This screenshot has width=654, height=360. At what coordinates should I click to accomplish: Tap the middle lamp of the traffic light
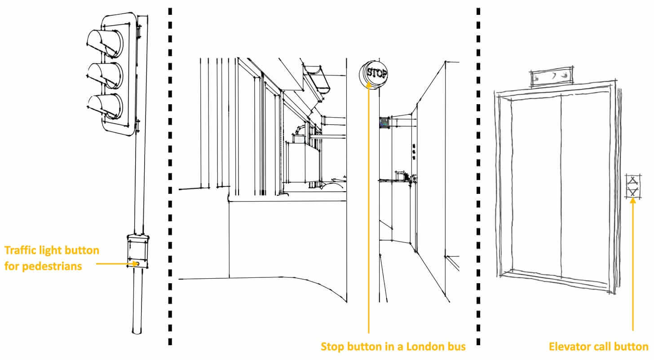(105, 75)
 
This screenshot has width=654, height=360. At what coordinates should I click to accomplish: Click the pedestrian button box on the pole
(137, 251)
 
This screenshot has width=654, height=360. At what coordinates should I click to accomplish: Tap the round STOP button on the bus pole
(374, 74)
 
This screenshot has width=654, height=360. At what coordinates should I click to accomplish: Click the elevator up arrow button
(633, 181)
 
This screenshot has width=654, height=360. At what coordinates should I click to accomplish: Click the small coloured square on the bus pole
(384, 123)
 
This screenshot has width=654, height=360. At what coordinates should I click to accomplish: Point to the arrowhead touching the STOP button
(369, 85)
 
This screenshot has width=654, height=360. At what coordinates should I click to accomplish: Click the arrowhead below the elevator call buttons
(633, 201)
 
